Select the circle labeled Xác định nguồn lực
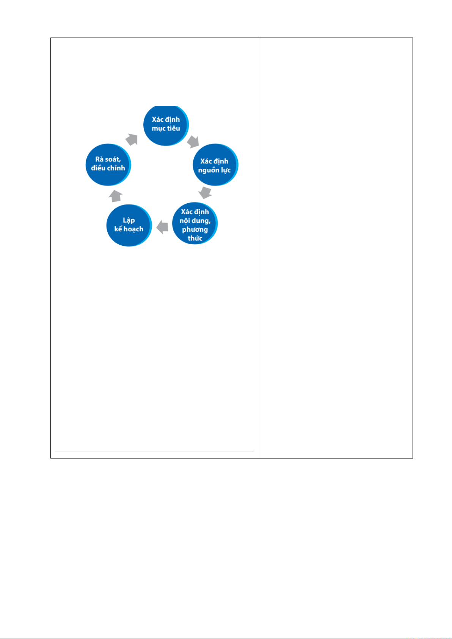(216, 165)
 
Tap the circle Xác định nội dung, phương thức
(195, 223)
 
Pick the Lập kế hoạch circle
(129, 225)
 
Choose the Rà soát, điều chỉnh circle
(108, 165)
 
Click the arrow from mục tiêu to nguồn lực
(193, 142)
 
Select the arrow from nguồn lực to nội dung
(205, 193)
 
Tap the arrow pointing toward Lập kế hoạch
(162, 227)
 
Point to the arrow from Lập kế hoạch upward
(116, 196)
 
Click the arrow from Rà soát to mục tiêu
(132, 140)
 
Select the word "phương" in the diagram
(195, 230)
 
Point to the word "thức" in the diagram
(195, 238)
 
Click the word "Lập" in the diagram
(129, 220)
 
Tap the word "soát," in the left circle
(113, 159)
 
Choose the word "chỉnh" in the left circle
(117, 168)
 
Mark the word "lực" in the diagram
(225, 170)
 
